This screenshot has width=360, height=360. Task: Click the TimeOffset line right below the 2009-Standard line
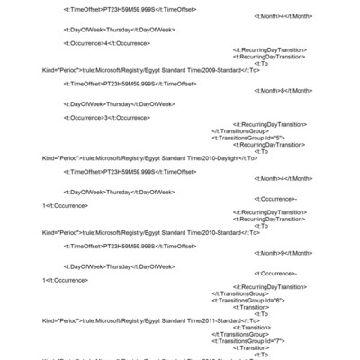(130, 84)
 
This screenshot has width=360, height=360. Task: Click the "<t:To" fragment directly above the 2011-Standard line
(261, 313)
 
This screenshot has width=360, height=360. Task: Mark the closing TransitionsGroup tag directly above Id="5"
(239, 130)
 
